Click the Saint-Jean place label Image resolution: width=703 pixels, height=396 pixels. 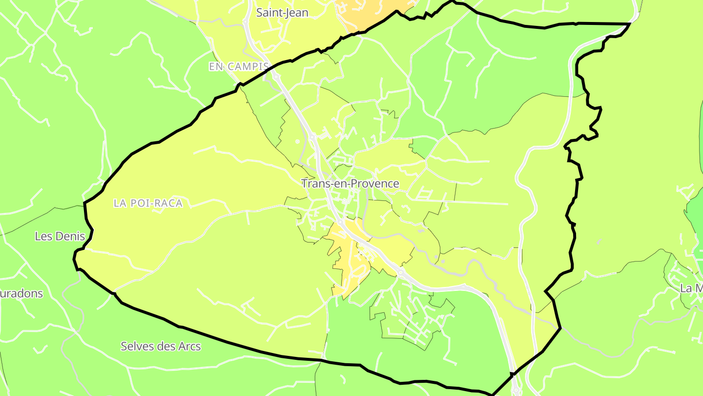click(x=282, y=13)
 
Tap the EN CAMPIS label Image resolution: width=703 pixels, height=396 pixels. click(x=239, y=66)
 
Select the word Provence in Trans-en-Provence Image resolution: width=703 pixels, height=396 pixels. click(x=372, y=184)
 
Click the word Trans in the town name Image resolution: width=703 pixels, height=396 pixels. click(x=313, y=184)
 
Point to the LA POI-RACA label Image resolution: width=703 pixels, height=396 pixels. click(x=148, y=203)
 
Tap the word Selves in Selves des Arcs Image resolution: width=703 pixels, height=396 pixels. click(x=137, y=347)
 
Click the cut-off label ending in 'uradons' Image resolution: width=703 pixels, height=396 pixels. click(x=21, y=294)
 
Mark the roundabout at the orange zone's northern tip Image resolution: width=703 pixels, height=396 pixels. click(x=340, y=221)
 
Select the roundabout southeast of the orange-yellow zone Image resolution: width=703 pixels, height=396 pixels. click(x=400, y=273)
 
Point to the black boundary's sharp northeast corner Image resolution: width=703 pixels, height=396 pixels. click(x=630, y=23)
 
